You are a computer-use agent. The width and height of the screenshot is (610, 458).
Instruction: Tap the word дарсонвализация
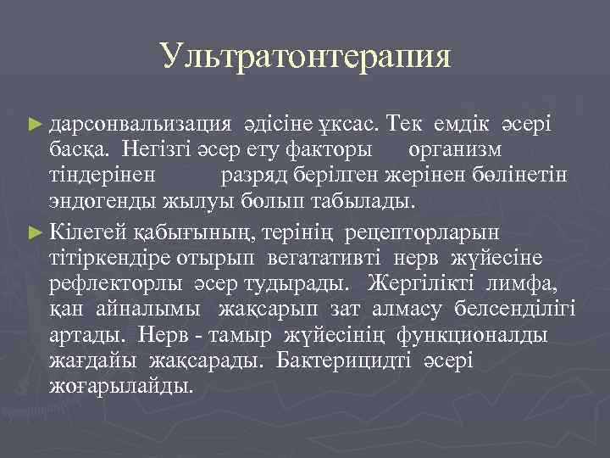pyautogui.click(x=141, y=125)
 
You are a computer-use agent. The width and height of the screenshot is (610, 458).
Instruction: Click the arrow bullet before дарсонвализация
pyautogui.click(x=34, y=125)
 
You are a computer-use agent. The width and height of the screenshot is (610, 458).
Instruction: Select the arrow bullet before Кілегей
pyautogui.click(x=34, y=230)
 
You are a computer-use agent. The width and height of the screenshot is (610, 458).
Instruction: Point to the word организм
pyautogui.click(x=455, y=150)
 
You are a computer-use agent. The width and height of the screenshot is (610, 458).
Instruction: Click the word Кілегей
pyautogui.click(x=86, y=230)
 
